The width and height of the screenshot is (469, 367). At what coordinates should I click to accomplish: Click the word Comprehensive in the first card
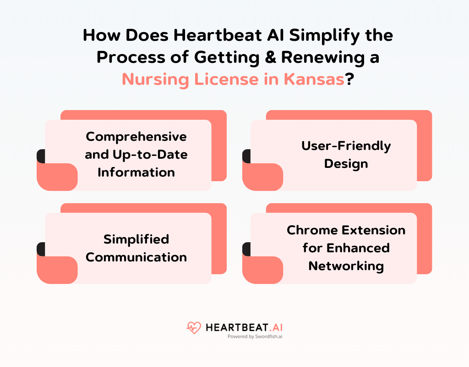click(136, 137)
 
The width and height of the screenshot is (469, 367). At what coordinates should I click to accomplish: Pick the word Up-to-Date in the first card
click(150, 155)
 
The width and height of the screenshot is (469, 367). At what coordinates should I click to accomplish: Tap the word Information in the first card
click(136, 172)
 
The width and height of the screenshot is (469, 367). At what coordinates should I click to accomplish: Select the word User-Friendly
click(346, 146)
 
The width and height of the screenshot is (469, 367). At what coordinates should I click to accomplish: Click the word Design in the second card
click(346, 164)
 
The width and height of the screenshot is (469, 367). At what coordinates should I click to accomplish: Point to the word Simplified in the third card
click(136, 239)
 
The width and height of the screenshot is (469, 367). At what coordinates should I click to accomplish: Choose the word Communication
click(136, 257)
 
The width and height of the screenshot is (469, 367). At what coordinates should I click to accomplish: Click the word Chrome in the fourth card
click(311, 230)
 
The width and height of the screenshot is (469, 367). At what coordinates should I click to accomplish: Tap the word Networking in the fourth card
click(346, 266)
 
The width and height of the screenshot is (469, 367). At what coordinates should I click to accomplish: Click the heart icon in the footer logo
click(194, 328)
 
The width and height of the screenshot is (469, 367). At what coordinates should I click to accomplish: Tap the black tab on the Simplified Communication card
click(41, 249)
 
